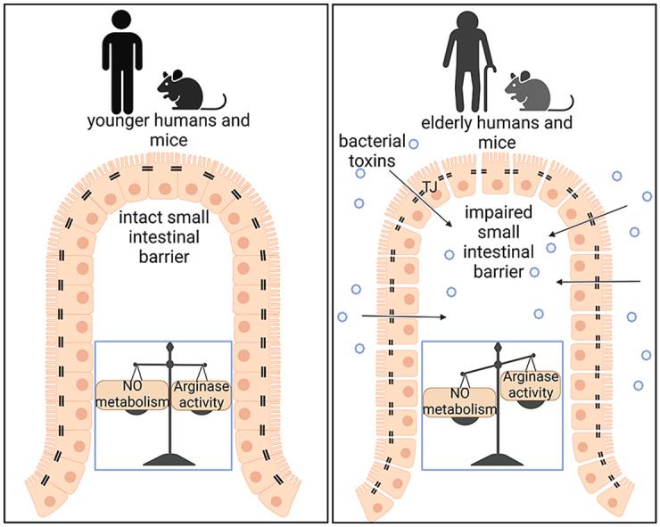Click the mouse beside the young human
[183, 90]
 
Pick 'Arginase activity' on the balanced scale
[200, 392]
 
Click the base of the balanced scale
[166, 458]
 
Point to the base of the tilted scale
[494, 458]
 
